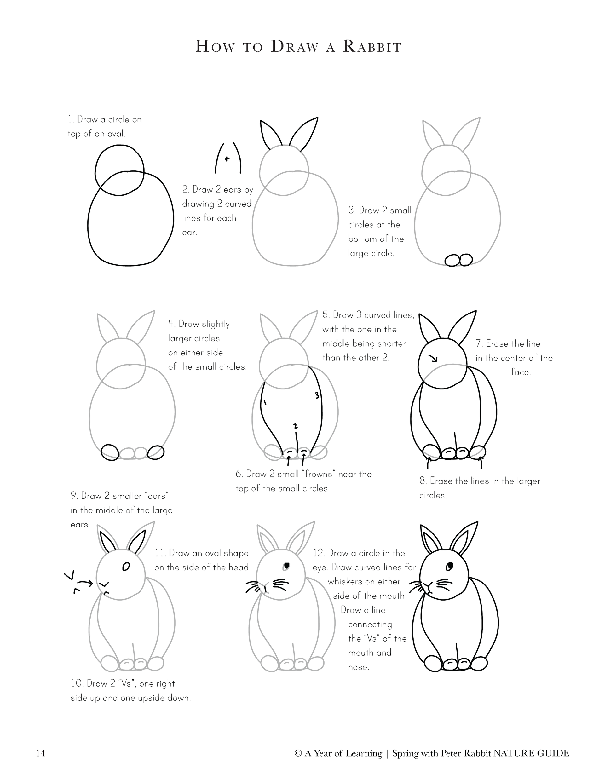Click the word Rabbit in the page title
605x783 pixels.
click(372, 47)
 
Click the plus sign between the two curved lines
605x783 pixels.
click(227, 158)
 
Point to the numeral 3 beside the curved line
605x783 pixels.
click(317, 395)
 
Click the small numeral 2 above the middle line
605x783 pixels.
click(295, 426)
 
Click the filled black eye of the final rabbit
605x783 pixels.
click(450, 566)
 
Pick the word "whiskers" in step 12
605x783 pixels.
click(346, 582)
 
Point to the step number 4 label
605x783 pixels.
click(172, 324)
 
